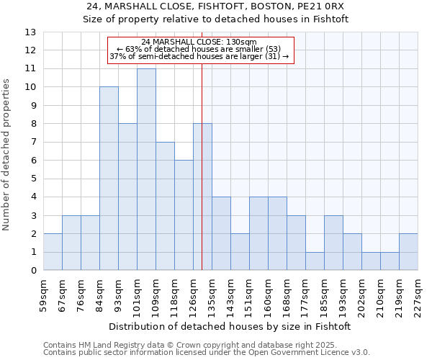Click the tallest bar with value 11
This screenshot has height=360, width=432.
coord(146,169)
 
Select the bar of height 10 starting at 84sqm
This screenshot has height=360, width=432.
coord(109,179)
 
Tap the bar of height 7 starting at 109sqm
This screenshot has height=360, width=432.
coord(165,206)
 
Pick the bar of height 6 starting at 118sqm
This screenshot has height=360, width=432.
coord(184,215)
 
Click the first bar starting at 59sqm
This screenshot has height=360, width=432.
coord(53,252)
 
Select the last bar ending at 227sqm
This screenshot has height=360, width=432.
coord(408,252)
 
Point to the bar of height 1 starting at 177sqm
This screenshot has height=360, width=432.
coord(315,261)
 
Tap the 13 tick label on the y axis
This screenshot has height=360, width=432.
coord(30,32)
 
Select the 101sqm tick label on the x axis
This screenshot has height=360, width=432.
coord(137,294)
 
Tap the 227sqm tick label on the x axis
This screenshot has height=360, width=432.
coord(418,294)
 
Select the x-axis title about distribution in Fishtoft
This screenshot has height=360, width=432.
coord(230,326)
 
